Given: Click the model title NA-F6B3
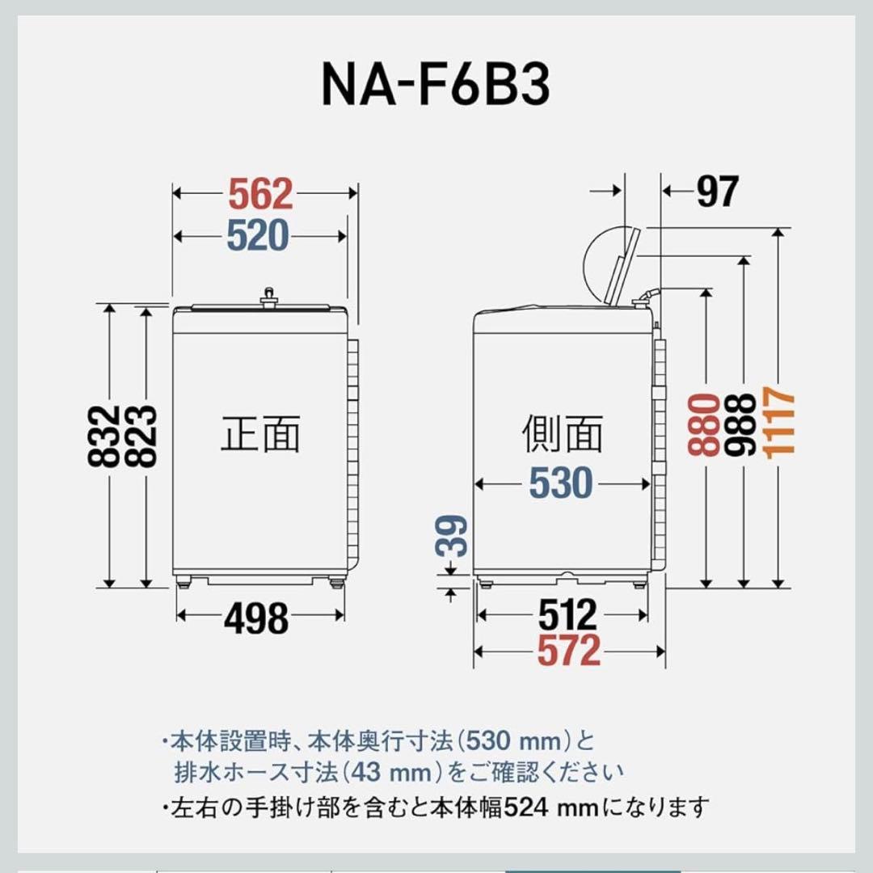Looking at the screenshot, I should [436, 84].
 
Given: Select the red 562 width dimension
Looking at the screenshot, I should [259, 195].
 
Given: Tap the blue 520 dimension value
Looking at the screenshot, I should [257, 236].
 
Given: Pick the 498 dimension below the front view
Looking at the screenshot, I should [256, 619].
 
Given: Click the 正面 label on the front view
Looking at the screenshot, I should [260, 434].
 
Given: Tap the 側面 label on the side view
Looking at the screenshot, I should [563, 434].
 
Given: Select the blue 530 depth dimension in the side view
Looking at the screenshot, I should [561, 483].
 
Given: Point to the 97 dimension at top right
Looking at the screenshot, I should [717, 192].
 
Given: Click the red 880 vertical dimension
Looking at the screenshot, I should [706, 424].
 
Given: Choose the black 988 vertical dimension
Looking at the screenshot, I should [741, 424].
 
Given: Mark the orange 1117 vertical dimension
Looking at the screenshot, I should [781, 420].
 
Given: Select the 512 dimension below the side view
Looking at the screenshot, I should [568, 616].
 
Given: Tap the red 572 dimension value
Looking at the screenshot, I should [569, 651].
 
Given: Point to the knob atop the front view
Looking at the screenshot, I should [268, 298].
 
